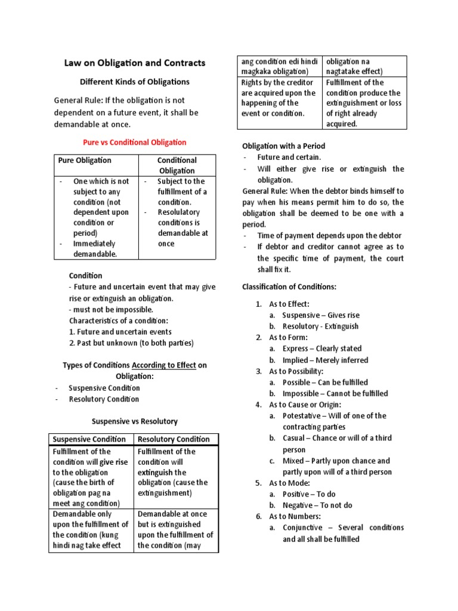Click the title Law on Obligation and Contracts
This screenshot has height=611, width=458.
point(134,63)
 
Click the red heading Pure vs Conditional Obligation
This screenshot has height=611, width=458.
point(134,143)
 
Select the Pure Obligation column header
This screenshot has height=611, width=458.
point(85,161)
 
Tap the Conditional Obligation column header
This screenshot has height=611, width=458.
point(177,165)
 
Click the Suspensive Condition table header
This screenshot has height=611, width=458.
point(90,439)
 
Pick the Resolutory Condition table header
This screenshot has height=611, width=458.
point(174,439)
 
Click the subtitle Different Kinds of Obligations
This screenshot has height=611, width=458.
point(134,82)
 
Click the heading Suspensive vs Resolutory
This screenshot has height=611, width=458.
point(134,421)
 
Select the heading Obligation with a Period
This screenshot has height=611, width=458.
point(283,146)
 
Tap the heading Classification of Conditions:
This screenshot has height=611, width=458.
point(289,287)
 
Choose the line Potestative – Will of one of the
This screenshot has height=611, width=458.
point(334,416)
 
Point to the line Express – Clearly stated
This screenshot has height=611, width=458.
point(322,348)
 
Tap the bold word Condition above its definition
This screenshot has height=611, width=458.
point(85,276)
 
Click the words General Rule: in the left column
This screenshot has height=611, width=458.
point(78,101)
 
